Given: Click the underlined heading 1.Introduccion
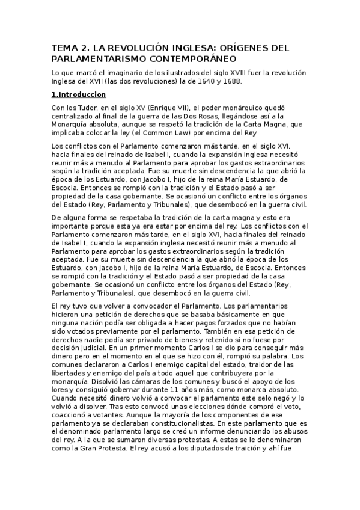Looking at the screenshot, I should click(x=79, y=94).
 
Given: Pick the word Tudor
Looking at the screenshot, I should click(x=89, y=108).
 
